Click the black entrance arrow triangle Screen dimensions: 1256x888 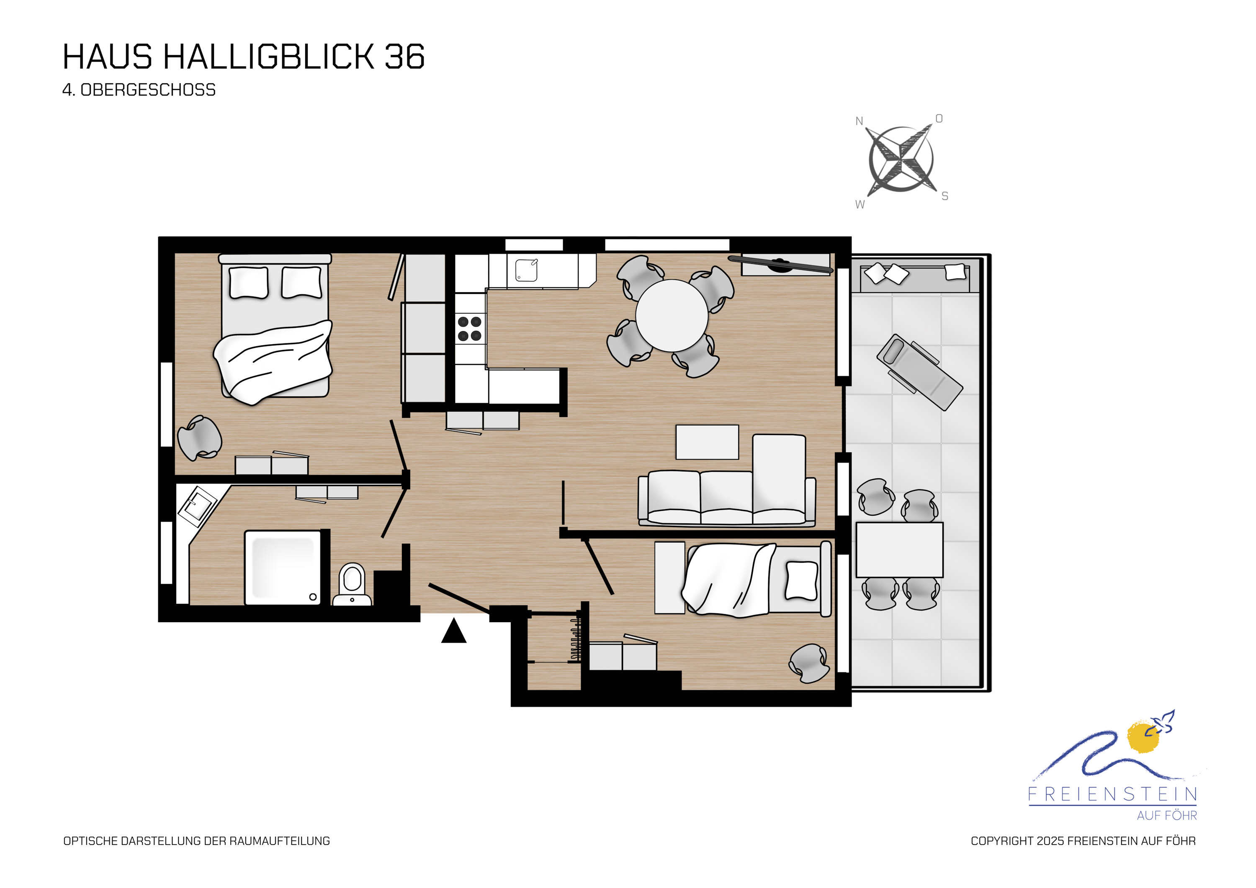tap(453, 632)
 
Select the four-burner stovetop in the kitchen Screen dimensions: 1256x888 tap(469, 328)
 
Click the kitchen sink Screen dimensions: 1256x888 tap(526, 270)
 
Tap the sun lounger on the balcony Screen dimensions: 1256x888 tap(919, 372)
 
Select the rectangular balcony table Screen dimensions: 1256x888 tap(899, 549)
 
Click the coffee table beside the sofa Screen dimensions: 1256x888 tap(707, 442)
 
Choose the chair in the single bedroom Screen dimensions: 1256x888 tap(809, 663)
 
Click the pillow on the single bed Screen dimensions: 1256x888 tap(801, 581)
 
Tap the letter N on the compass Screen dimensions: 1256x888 tap(860, 121)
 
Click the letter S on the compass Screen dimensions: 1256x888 tap(945, 196)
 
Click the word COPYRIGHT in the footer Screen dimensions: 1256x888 tap(1002, 841)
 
